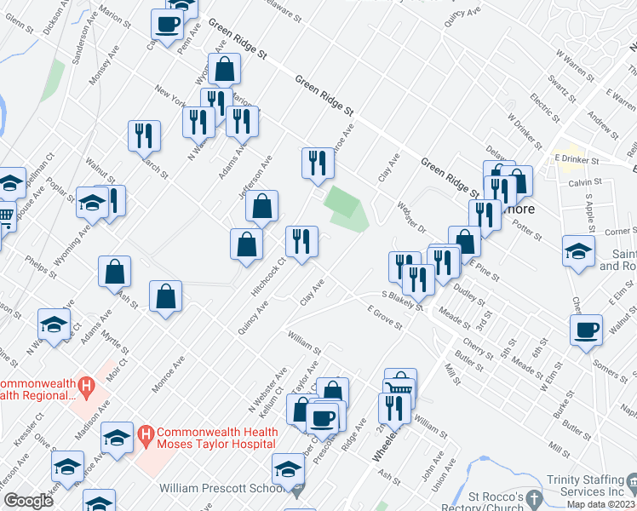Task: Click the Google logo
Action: click(27, 501)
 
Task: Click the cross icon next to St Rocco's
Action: click(534, 497)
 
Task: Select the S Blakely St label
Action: click(402, 301)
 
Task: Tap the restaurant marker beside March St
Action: click(144, 135)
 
